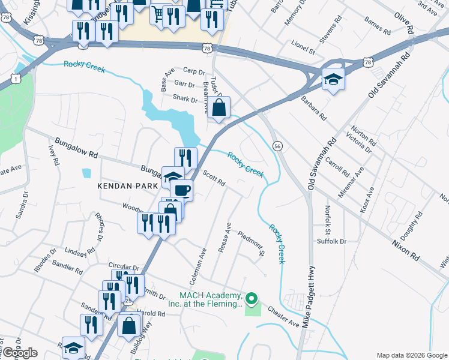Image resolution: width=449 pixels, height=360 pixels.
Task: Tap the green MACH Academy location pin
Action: coord(253,298)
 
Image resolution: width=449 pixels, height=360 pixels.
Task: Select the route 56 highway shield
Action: coord(277,146)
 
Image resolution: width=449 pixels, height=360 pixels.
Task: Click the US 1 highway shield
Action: coord(15,78)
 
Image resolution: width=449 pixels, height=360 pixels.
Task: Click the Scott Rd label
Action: coord(214,178)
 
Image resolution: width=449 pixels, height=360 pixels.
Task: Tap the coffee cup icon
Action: coord(181,191)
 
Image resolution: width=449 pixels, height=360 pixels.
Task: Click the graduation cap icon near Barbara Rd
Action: coord(333,79)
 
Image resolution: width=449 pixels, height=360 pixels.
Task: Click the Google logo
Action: coord(19,353)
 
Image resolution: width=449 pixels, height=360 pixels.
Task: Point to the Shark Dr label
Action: coord(185,100)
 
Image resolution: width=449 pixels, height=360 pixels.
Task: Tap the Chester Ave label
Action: coord(283,315)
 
